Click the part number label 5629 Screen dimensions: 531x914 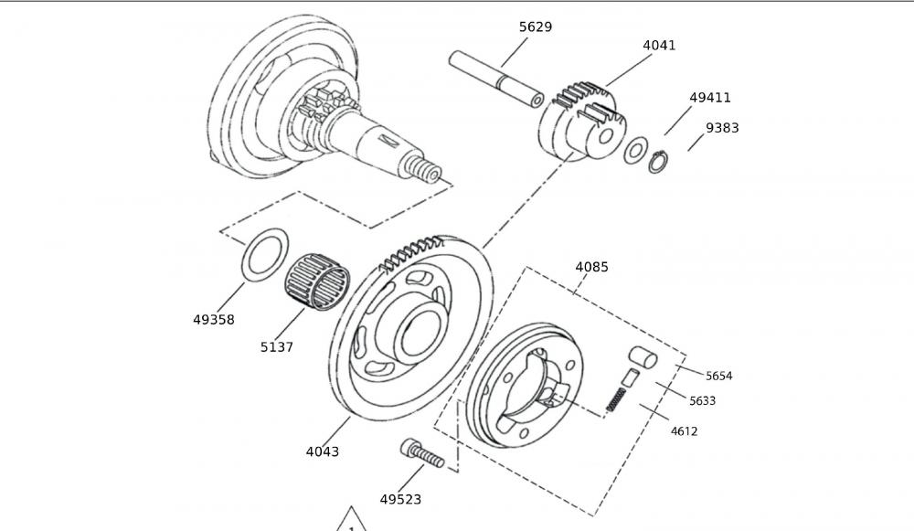(x=535, y=27)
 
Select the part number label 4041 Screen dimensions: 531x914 (x=659, y=45)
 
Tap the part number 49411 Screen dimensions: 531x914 (x=710, y=98)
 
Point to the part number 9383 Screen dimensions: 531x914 (x=722, y=128)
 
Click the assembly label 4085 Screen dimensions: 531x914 (x=591, y=267)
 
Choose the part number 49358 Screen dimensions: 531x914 (x=214, y=320)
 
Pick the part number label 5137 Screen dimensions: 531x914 (x=277, y=347)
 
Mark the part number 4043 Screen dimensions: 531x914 (x=322, y=451)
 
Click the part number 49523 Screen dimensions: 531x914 (x=400, y=500)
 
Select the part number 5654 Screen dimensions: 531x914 (x=718, y=376)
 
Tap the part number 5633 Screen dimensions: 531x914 (x=702, y=400)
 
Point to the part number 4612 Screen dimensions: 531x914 (x=685, y=430)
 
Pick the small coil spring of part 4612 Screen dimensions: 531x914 (x=618, y=399)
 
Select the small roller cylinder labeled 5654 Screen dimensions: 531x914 (x=641, y=356)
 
